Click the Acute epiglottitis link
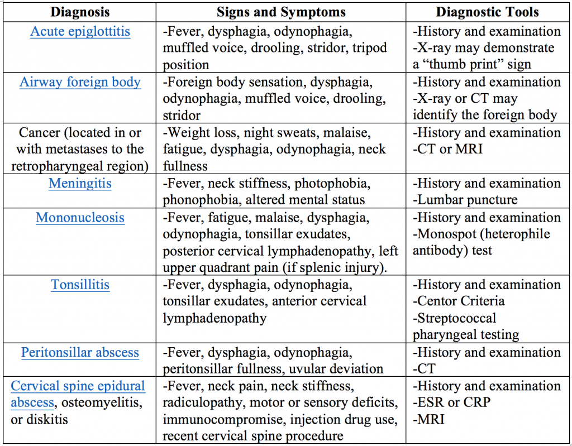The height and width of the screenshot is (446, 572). tap(80, 31)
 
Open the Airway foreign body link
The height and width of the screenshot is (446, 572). tap(80, 82)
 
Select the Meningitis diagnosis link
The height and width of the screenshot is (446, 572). tap(80, 183)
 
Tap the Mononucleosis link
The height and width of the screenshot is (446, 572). tap(80, 217)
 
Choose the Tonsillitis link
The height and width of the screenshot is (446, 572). tap(80, 285)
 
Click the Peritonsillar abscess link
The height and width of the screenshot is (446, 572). tap(80, 353)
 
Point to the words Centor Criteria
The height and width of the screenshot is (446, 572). tap(461, 301)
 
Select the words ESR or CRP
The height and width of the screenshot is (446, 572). tap(452, 403)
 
